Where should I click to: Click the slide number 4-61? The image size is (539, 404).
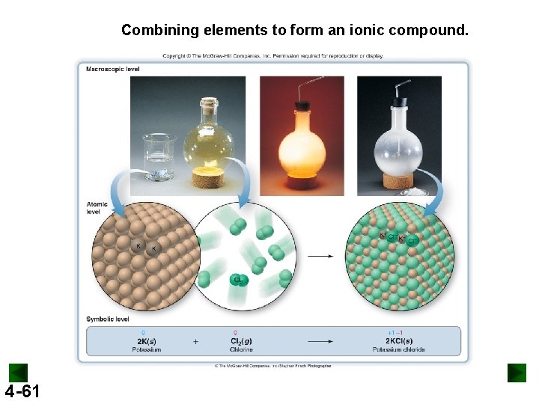coord(22,391)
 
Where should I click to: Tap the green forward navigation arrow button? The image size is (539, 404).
coord(517,373)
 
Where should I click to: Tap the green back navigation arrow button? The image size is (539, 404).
coord(18,373)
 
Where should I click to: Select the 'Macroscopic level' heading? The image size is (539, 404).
coord(113,70)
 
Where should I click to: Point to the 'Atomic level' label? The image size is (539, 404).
coord(97,207)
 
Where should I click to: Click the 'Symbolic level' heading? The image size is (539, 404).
coord(109,319)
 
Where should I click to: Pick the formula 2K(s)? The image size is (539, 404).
coord(147,341)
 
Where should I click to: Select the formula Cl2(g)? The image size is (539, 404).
coord(240,341)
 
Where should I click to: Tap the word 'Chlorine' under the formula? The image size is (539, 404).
coord(240,349)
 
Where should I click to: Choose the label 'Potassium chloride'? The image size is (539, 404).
coord(398,349)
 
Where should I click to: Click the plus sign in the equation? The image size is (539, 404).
coord(195,342)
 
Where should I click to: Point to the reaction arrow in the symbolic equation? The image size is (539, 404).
coord(320,342)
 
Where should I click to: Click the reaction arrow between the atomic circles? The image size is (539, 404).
coord(320,256)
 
